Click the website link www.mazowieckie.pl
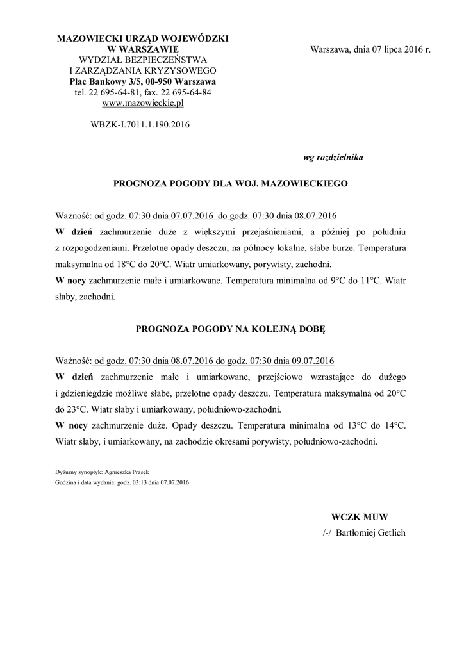click(x=143, y=102)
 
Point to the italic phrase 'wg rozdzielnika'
click(x=333, y=157)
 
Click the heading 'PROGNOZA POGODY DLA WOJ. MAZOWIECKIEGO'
click(x=231, y=183)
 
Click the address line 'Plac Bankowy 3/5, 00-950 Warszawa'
click(x=142, y=82)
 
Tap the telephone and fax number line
click(x=142, y=92)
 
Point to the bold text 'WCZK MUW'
click(x=360, y=516)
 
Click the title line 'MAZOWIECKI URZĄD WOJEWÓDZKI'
click(x=142, y=39)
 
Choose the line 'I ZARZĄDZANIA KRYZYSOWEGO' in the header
click(x=142, y=70)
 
